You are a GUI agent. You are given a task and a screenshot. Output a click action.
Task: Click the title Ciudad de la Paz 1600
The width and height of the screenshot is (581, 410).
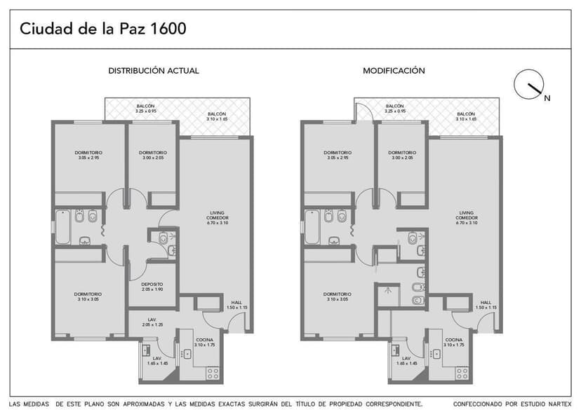pyautogui.click(x=102, y=29)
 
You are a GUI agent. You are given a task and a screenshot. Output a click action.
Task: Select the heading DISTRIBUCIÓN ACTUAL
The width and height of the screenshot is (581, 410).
pyautogui.click(x=153, y=71)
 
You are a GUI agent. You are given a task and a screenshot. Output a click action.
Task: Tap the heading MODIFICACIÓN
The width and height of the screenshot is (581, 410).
pyautogui.click(x=394, y=71)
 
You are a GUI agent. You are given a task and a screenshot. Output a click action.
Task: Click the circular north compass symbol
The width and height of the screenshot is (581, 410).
pyautogui.click(x=528, y=84)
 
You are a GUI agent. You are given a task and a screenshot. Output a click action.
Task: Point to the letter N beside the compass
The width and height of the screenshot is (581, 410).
pyautogui.click(x=547, y=99)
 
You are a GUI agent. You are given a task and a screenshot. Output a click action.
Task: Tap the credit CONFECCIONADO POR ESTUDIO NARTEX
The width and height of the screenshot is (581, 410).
pyautogui.click(x=513, y=404)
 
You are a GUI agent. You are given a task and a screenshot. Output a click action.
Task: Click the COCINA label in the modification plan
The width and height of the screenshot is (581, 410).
pyautogui.click(x=454, y=343)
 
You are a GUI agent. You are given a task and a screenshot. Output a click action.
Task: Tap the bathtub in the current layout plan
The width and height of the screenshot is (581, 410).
pyautogui.click(x=62, y=226)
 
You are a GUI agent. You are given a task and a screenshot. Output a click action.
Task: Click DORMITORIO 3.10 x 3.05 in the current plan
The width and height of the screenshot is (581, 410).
pyautogui.click(x=89, y=296)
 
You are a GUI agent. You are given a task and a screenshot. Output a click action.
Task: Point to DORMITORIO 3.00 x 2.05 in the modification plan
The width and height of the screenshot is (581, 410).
pyautogui.click(x=402, y=155)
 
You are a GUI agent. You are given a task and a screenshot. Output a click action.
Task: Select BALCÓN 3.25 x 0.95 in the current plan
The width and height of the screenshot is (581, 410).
pyautogui.click(x=145, y=108)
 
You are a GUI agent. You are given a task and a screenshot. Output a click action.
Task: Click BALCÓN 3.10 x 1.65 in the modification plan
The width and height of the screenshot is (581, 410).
pyautogui.click(x=465, y=116)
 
